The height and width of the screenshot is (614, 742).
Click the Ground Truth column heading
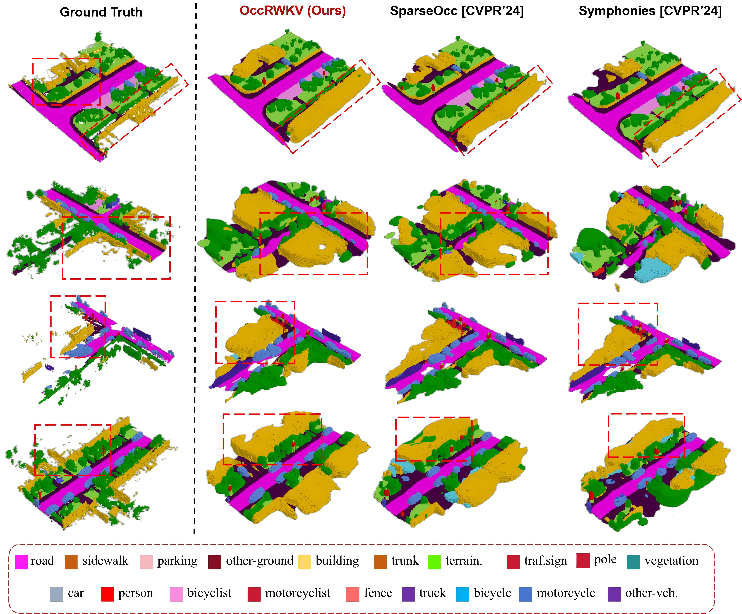[101, 12]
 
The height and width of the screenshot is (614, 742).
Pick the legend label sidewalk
[105, 561]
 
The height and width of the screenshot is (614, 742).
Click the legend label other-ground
[260, 561]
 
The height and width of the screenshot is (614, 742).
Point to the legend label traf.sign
[546, 561]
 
